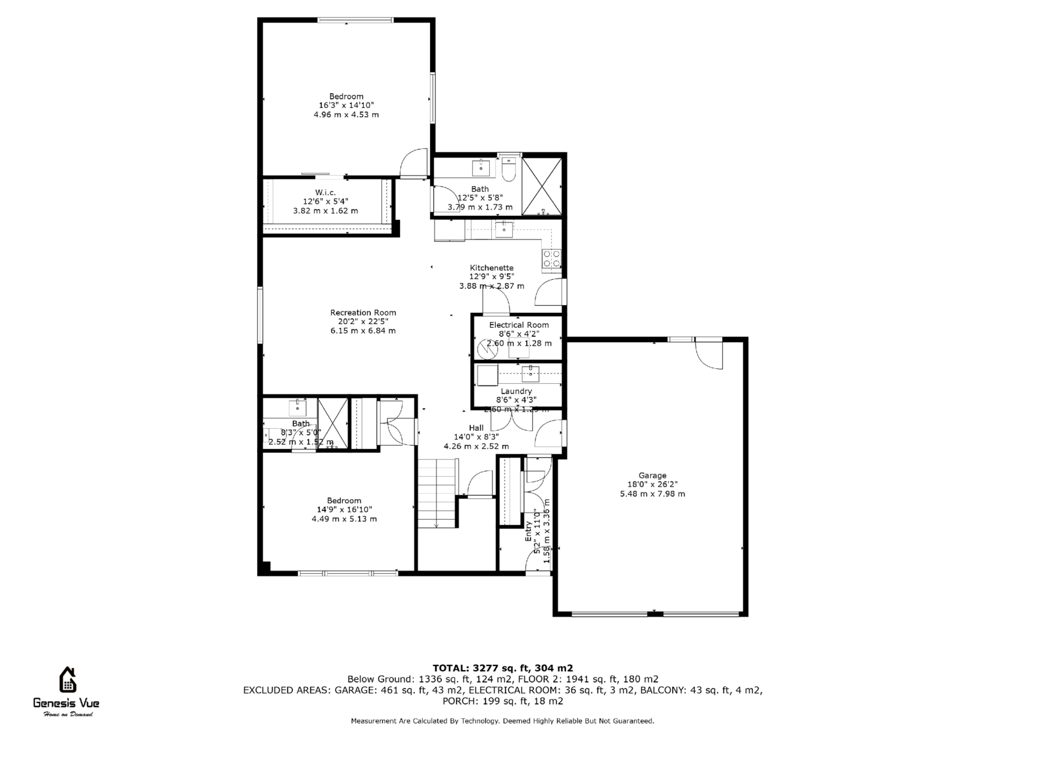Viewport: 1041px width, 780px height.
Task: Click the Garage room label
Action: tap(652, 476)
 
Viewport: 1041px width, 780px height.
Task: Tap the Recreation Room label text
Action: tap(362, 313)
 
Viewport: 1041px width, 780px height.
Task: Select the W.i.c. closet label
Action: tap(325, 193)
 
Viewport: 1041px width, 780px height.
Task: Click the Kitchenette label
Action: tap(492, 268)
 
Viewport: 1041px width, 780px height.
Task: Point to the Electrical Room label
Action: tap(519, 325)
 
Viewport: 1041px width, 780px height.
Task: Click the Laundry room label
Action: tap(516, 392)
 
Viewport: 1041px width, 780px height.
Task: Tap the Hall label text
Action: tap(476, 428)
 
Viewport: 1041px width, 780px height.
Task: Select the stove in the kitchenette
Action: tap(552, 259)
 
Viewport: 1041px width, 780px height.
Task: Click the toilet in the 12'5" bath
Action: tap(509, 168)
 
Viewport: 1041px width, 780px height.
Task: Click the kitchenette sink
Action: tap(504, 228)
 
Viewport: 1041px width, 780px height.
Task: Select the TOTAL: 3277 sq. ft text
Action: tap(502, 668)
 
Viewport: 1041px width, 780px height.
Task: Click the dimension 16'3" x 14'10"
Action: tap(345, 105)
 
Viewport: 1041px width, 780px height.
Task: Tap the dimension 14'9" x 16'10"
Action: tap(344, 510)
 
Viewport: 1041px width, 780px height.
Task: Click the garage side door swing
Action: tap(709, 355)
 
